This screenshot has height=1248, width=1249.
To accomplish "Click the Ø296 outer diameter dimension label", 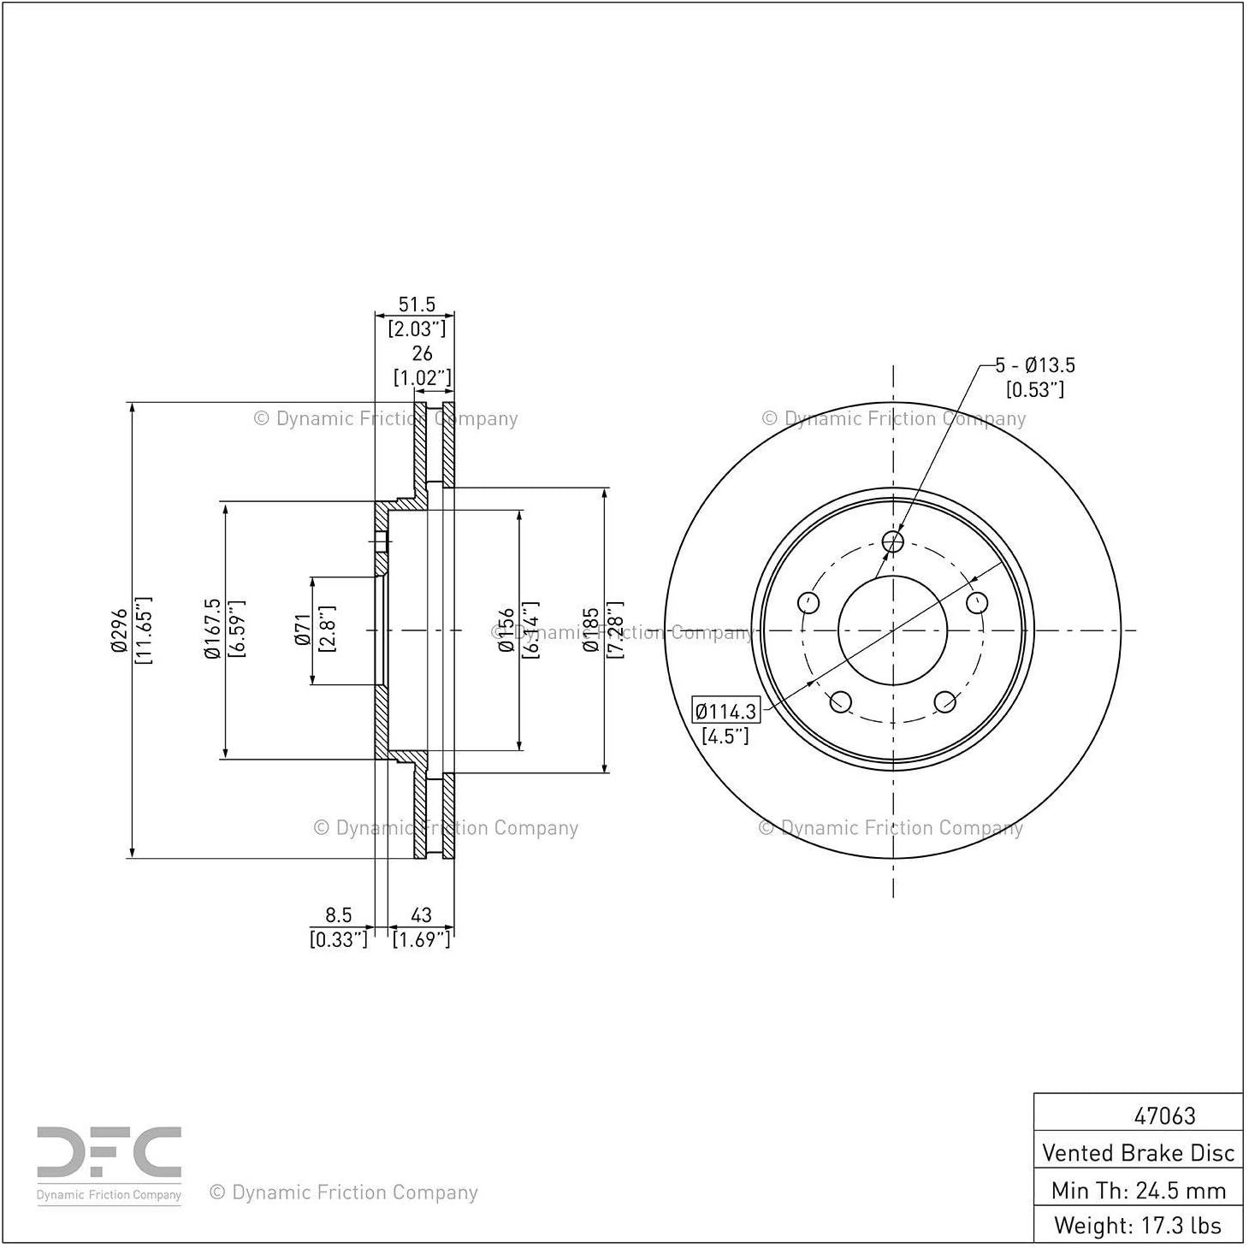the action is click(119, 630).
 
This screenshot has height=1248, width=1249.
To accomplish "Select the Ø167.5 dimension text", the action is click(213, 629).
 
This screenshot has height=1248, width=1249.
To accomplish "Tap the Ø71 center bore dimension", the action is click(303, 630).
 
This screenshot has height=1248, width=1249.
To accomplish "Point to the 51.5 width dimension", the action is click(417, 304).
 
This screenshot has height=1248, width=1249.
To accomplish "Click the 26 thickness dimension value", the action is click(422, 353).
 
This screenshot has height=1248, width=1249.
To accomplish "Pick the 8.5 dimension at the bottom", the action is click(338, 914).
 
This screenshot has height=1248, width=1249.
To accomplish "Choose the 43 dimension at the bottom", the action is click(421, 914).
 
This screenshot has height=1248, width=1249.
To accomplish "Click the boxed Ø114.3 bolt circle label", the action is click(725, 712).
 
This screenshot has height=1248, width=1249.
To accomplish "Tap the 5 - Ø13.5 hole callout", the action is click(1035, 365).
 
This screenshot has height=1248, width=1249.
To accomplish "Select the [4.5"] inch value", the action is click(725, 736).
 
